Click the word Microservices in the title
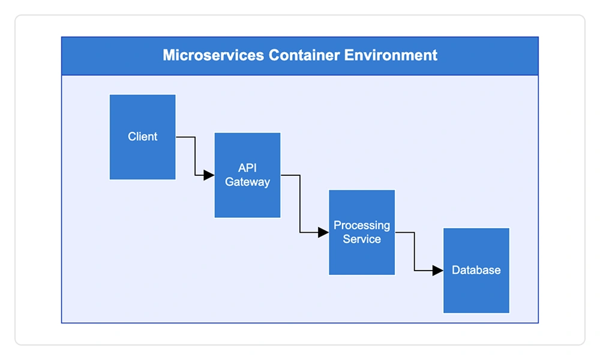pos(213,56)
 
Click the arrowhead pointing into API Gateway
pos(209,175)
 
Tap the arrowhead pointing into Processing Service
pos(323,233)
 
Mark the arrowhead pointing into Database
pos(437,271)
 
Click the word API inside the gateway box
pos(247,168)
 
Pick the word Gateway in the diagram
pos(247,182)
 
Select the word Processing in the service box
pos(361,226)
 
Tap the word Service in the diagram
pos(361,239)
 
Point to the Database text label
pos(476,270)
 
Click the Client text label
pos(142,137)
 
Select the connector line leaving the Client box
pos(195,156)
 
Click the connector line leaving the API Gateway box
pos(300,204)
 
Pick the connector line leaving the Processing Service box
pos(414,252)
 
